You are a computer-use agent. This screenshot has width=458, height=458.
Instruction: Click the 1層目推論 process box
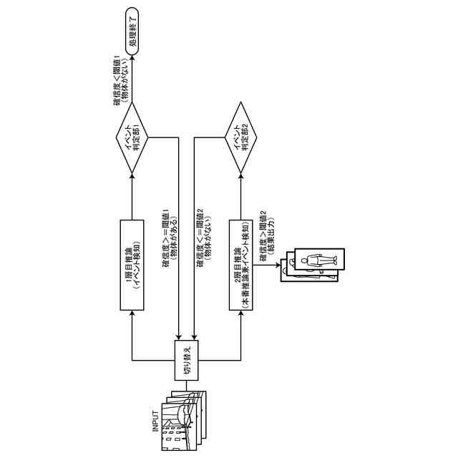click(x=132, y=265)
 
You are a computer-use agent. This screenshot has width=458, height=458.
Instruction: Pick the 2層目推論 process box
click(x=241, y=265)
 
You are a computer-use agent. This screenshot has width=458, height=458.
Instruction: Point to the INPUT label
click(x=154, y=422)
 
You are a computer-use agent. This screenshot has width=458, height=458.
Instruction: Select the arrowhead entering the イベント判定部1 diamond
click(x=133, y=172)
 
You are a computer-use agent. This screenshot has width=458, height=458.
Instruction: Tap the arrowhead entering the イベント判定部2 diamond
click(x=241, y=172)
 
